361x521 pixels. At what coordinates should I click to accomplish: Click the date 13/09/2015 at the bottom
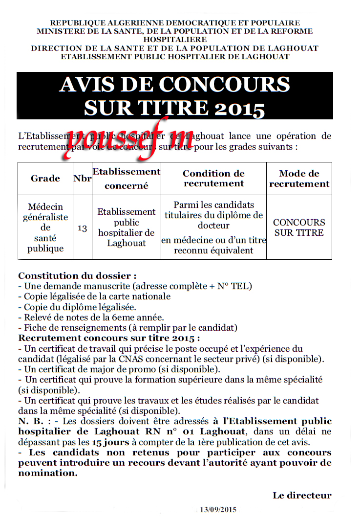218,510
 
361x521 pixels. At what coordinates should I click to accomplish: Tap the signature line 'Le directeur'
302,496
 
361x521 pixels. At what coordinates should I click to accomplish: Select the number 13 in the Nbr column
83,228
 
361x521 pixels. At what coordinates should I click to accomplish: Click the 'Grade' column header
45,179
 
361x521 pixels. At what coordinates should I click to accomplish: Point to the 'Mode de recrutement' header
299,179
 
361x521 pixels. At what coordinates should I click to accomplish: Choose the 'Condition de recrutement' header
213,179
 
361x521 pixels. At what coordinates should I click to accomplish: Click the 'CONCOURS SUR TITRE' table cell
299,227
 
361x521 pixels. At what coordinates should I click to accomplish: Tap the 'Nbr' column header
83,179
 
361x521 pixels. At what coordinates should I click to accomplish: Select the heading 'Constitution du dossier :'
77,276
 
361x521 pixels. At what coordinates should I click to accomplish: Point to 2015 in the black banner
240,108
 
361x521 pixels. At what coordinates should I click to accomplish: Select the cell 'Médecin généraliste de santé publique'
45,227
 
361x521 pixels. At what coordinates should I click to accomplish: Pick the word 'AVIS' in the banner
82,85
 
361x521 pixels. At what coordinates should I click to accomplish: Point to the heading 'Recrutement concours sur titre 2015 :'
109,338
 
